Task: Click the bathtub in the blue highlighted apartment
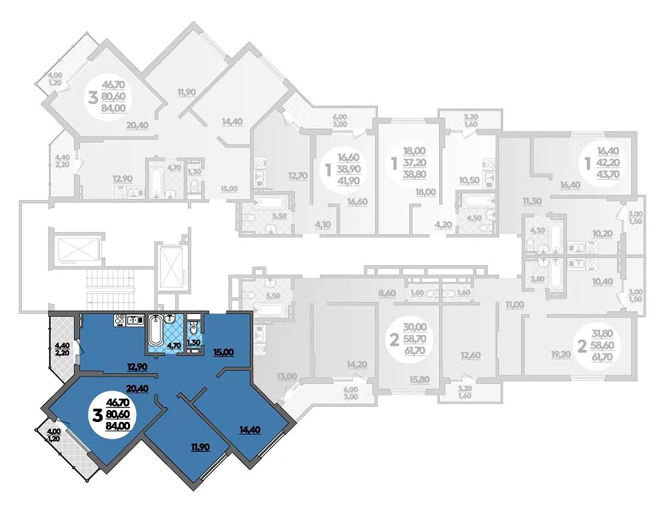coord(155,330)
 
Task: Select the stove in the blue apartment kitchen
coord(119,320)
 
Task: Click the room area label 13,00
coord(287,376)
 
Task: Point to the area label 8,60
coord(387,293)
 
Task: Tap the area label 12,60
coord(470,355)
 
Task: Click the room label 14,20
coord(357,365)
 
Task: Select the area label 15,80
coord(419,379)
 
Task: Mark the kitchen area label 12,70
coord(298,175)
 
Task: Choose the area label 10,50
coord(469,180)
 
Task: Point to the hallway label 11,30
coord(532,201)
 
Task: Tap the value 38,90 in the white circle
coord(348,169)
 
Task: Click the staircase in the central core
coord(110,290)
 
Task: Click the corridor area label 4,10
coord(323,225)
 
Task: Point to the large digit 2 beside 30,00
coord(394,340)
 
